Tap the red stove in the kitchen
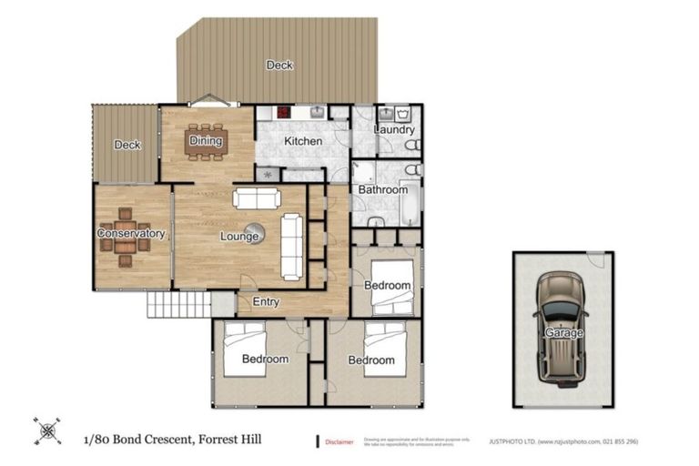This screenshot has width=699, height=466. pos(283,114)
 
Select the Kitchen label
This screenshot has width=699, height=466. pos(302,142)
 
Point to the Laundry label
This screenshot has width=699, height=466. pos(394,130)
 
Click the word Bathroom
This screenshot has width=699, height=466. pos(382,190)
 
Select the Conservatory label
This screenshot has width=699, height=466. pos(131,234)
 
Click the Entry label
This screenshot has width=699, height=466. pos(266,302)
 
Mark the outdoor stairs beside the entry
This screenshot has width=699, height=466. pos(171,303)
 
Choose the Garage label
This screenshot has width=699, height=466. pos(564,333)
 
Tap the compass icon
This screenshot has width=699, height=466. pos(48,431)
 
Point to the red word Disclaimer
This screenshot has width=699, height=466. pos(339,442)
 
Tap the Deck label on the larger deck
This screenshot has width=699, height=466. pos(279,65)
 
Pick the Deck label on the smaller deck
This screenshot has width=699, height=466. pos(127,145)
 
